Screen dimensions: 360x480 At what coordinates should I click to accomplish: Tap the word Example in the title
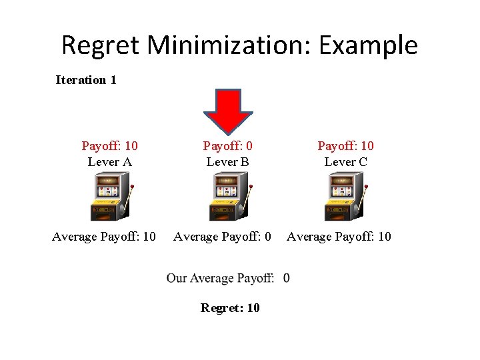point(371,45)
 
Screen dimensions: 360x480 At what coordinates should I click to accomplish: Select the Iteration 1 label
point(86,80)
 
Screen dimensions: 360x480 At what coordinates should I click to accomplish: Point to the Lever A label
point(109,162)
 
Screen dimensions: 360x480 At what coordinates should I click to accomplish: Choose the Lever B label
point(228,162)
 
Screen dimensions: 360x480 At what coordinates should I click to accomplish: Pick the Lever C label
point(345,162)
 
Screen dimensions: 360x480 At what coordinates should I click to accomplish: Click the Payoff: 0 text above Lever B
point(228,145)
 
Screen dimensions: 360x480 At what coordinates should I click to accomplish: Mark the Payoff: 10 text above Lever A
point(109,145)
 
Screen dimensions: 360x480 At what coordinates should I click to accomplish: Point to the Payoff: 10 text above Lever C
point(345,145)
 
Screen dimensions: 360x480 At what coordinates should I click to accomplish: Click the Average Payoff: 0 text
point(222,237)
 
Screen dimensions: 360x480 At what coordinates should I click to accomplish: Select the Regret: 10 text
point(230,307)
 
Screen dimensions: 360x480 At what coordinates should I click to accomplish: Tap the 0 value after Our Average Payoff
point(286,278)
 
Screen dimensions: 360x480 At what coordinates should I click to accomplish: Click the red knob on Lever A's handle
point(133,186)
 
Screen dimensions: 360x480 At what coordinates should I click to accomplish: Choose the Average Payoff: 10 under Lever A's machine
point(104,237)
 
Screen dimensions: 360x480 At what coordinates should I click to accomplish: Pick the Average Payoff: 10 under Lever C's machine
point(339,237)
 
